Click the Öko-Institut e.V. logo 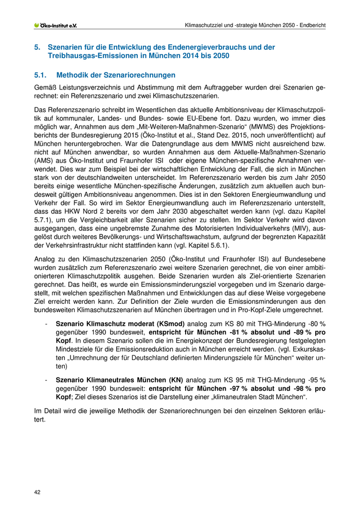(55, 25)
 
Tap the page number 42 (38, 492)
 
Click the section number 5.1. (41, 75)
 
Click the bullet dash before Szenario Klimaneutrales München (47, 379)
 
